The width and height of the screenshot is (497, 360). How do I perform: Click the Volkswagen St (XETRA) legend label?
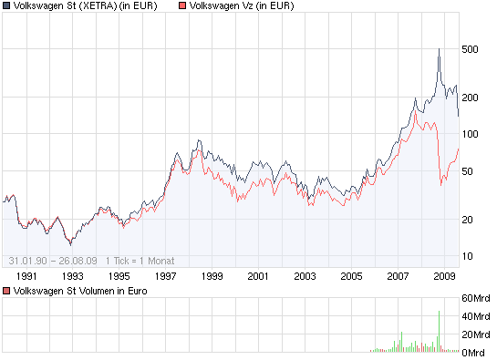(85, 6)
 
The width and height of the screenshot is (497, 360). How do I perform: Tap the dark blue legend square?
(6, 6)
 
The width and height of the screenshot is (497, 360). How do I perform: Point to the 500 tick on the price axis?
(471, 49)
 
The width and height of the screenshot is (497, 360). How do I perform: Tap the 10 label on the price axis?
(468, 255)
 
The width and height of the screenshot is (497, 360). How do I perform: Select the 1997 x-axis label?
(165, 274)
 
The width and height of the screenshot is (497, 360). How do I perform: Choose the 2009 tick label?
(444, 274)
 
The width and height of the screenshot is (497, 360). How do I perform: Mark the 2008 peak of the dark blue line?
(439, 49)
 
